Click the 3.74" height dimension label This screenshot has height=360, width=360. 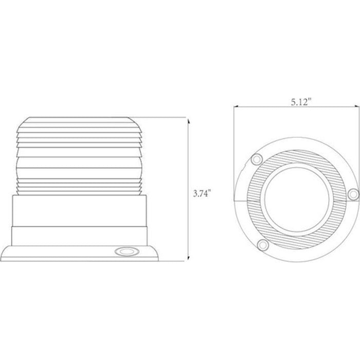(202, 193)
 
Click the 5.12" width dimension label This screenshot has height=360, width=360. (301, 102)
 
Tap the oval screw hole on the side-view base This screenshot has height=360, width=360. (127, 251)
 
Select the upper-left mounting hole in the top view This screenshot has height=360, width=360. (257, 159)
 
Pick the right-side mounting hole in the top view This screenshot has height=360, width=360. (353, 194)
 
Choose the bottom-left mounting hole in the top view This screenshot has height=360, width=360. (263, 245)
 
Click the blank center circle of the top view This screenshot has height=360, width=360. (297, 198)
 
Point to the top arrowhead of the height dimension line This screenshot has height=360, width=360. (189, 120)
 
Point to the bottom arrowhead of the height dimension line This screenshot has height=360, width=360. (189, 258)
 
